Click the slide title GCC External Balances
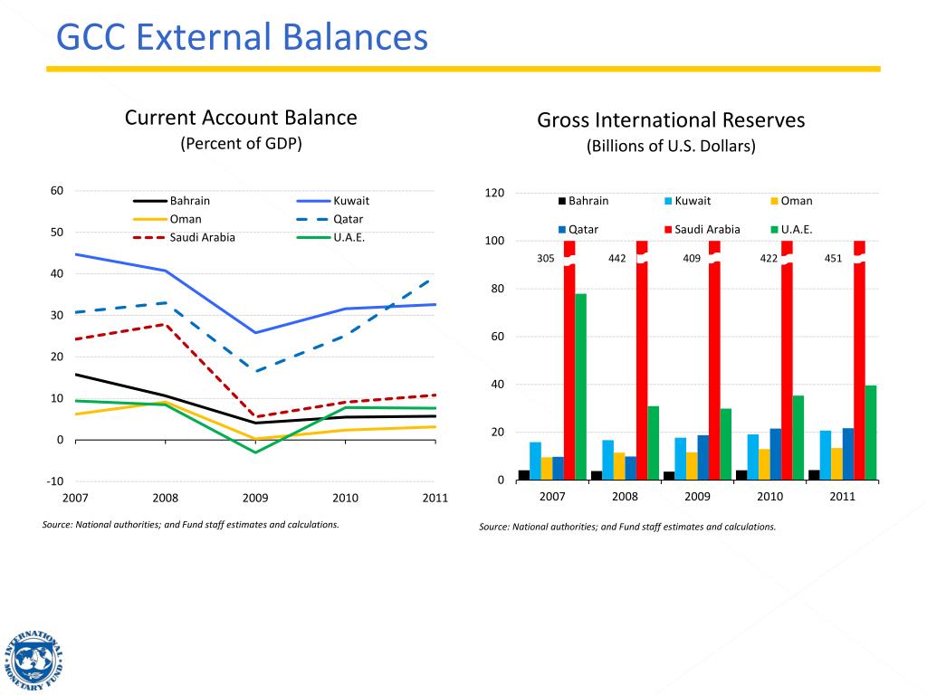tap(242, 37)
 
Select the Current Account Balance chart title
tap(241, 118)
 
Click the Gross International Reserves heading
tap(671, 120)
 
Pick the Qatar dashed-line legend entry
tap(348, 219)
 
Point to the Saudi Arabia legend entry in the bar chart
tap(707, 229)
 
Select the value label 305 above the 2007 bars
tap(546, 259)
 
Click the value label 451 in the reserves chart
tap(833, 259)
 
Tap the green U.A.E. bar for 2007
tap(580, 386)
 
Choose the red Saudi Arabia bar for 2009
tap(714, 362)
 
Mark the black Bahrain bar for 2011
tap(814, 474)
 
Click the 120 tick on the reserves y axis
tap(494, 194)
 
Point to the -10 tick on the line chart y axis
tap(55, 481)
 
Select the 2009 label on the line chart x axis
tap(255, 498)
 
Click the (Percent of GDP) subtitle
tap(241, 144)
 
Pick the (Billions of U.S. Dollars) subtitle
tap(671, 147)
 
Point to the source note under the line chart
tap(191, 524)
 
